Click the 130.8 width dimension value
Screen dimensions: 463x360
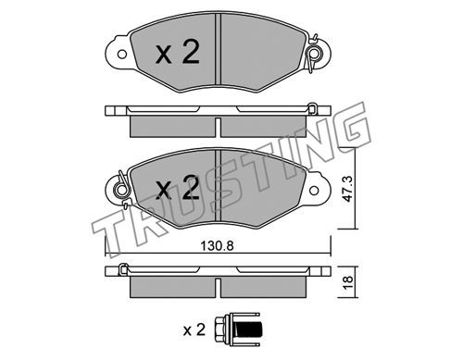click(217, 246)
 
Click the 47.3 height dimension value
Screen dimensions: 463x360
click(348, 190)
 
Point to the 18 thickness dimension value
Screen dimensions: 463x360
click(348, 281)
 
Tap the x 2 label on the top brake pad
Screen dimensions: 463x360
click(178, 52)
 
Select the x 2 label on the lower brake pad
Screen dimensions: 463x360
click(178, 187)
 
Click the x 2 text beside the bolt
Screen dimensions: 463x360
click(194, 329)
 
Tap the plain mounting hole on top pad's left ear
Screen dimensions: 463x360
click(122, 55)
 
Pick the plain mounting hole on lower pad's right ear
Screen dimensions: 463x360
click(314, 191)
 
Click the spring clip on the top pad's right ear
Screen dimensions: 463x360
click(314, 54)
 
